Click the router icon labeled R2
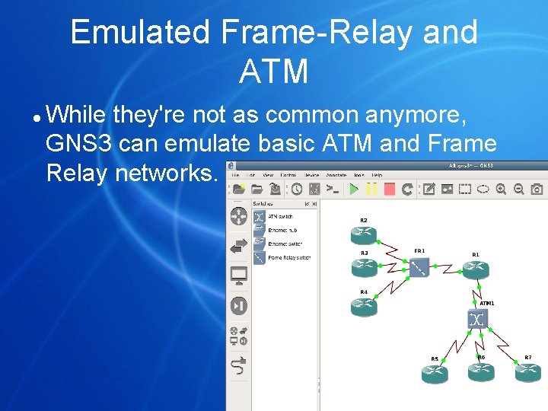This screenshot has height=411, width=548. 365,233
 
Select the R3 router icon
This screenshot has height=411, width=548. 365,266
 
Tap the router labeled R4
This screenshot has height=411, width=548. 365,306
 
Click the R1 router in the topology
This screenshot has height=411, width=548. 476,268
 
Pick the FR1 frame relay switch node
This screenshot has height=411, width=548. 419,267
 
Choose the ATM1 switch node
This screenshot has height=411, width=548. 478,319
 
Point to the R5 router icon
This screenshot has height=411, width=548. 435,373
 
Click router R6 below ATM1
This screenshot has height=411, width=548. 481,371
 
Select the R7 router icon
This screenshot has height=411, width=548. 527,371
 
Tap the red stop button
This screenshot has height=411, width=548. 389,189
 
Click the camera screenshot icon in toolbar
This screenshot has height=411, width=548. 537,189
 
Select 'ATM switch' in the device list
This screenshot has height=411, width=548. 280,217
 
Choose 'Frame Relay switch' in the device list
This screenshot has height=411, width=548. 288,257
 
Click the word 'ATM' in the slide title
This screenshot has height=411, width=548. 273,72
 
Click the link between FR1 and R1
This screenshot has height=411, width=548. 448,267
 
